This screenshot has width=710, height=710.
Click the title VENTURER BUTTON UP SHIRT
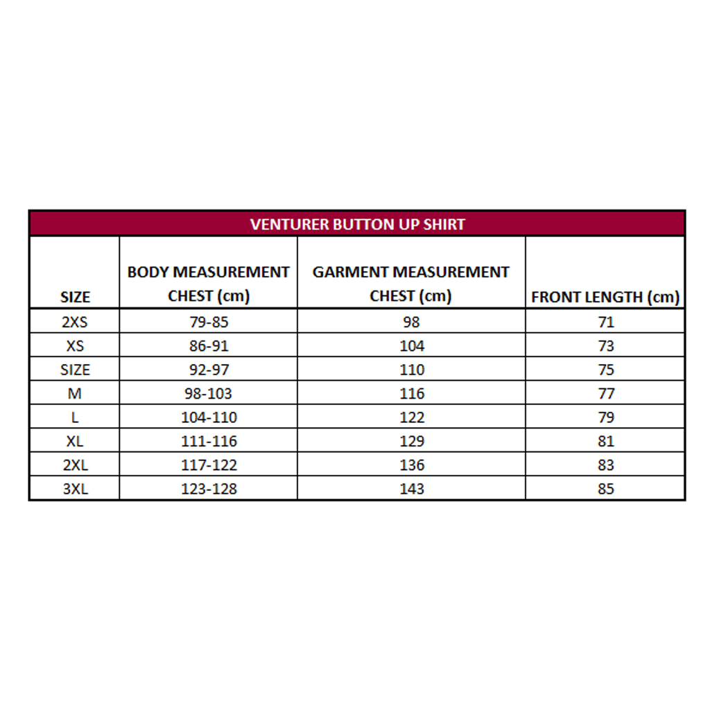[357, 224]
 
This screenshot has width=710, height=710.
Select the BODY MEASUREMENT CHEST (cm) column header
[208, 284]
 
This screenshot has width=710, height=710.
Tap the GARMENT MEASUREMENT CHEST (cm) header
[410, 284]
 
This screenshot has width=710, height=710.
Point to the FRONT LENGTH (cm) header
[605, 297]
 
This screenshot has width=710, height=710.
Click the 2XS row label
[75, 322]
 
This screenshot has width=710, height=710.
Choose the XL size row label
[75, 441]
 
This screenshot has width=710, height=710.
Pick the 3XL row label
[75, 489]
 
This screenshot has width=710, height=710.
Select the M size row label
[75, 393]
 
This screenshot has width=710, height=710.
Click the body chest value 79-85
[209, 322]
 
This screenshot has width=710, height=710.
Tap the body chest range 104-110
[209, 417]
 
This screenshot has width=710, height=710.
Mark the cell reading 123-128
[209, 489]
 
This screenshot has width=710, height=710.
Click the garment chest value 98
[411, 322]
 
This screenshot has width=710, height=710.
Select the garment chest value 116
[411, 393]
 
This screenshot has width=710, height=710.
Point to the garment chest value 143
[411, 489]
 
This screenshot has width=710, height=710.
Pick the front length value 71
[606, 322]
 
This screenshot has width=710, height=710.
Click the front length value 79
[606, 417]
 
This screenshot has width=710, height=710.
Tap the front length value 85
[606, 489]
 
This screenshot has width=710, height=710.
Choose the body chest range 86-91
[209, 346]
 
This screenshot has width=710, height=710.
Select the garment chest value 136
[411, 465]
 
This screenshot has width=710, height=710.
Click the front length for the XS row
[606, 346]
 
